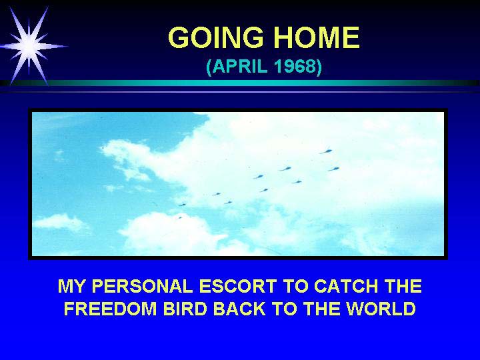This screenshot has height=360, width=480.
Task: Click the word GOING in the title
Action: point(216,37)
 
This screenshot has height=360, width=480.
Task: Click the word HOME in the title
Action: point(316,37)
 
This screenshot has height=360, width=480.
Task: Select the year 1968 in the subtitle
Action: point(295,66)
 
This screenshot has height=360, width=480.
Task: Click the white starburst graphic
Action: point(30,46)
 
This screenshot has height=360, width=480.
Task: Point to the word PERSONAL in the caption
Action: point(142,286)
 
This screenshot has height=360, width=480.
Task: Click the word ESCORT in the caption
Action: point(237,286)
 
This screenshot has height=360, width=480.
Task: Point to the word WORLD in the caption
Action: point(381,309)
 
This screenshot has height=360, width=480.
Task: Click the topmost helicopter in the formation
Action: point(326,151)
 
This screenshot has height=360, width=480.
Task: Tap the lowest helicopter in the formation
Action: point(179,217)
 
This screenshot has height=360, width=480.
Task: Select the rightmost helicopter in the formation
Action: point(334,169)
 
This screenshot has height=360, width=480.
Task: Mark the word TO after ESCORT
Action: point(295,286)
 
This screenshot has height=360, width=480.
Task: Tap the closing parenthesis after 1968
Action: point(319,67)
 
